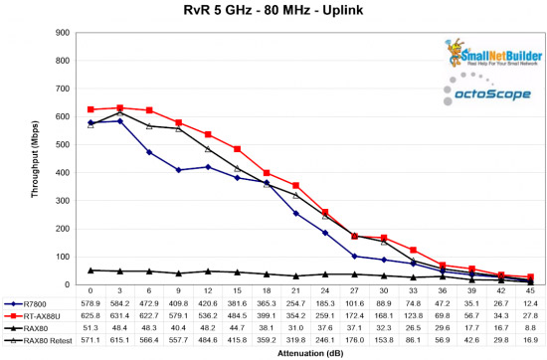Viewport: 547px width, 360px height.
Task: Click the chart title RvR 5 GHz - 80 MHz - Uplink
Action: coord(273,11)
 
